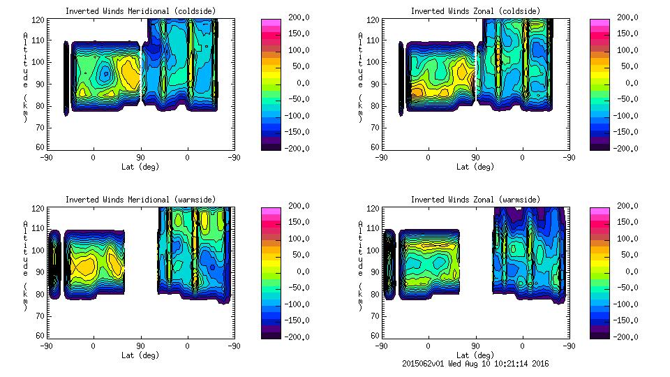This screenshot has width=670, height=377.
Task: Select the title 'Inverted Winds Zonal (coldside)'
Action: pos(475,10)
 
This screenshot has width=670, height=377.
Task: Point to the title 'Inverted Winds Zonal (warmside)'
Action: pos(475,200)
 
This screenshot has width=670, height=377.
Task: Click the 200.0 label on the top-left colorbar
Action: pos(296,17)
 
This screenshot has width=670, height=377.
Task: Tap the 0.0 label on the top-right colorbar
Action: pos(630,83)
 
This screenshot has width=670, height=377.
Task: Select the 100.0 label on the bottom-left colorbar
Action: pos(296,239)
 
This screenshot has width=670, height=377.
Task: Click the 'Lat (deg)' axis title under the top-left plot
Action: pos(140,166)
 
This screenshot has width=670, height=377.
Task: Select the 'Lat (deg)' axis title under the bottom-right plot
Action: pos(475,355)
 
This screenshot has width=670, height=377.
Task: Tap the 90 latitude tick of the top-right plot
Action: pos(475,158)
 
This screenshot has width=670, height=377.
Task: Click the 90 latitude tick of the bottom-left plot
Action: pos(140,346)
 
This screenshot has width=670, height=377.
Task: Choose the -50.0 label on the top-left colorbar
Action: pos(296,99)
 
